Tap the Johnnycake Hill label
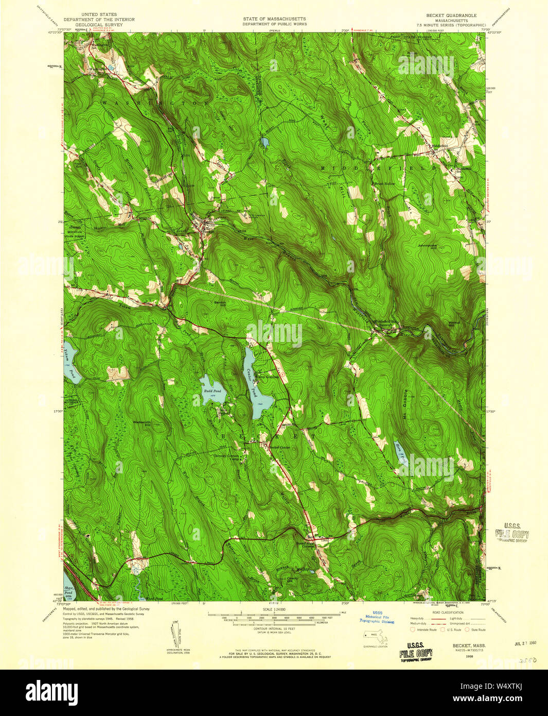[430, 246]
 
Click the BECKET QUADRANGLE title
[457, 15]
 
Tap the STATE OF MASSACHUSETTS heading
[274, 19]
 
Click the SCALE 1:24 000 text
[274, 609]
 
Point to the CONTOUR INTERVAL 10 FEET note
[274, 629]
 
